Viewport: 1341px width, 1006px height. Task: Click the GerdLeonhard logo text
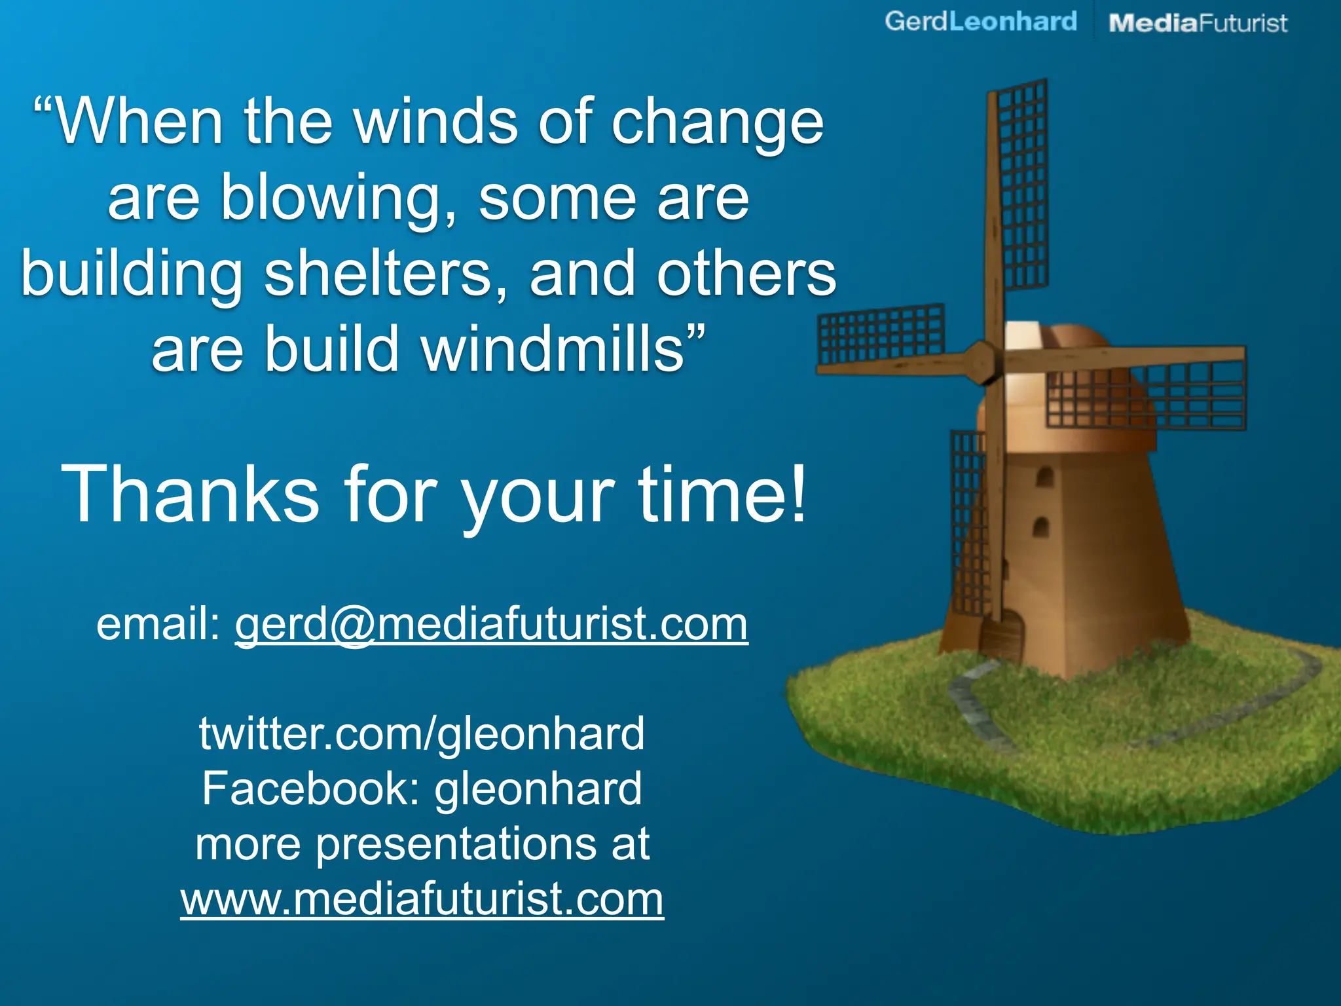click(x=980, y=22)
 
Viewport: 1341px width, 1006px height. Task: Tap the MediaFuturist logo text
click(x=1198, y=24)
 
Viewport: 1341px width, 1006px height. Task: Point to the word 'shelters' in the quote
click(x=386, y=274)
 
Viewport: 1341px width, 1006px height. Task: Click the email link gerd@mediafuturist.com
click(x=491, y=624)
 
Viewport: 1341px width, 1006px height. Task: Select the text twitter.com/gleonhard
click(x=422, y=734)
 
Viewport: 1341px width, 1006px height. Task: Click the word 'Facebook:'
click(x=310, y=789)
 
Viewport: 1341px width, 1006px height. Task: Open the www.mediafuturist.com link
click(x=422, y=899)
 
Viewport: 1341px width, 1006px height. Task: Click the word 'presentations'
click(x=456, y=844)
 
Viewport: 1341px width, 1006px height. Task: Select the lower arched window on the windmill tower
click(x=1040, y=527)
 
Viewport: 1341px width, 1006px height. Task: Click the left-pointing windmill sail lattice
click(x=881, y=334)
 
